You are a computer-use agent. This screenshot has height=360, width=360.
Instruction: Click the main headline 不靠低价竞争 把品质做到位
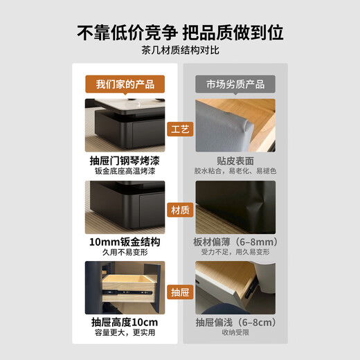(180, 33)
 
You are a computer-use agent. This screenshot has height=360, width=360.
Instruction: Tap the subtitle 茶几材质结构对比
(180, 50)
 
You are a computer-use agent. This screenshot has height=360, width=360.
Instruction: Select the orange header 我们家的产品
(125, 84)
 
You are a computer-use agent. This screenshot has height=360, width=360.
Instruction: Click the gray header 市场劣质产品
(235, 84)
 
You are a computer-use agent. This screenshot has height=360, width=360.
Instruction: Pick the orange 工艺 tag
(180, 129)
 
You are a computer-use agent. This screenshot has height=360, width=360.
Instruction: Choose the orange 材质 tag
(180, 210)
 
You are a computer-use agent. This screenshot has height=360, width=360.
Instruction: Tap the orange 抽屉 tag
(180, 292)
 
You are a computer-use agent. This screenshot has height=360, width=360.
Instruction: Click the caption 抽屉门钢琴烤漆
(125, 159)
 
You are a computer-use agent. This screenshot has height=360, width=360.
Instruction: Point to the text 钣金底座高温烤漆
(125, 170)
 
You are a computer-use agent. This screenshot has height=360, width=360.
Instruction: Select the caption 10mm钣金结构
(125, 242)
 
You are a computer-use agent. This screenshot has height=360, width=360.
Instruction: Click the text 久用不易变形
(125, 253)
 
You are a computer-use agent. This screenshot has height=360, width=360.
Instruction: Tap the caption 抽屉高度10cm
(125, 323)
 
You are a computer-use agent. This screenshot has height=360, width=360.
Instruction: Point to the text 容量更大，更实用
(125, 334)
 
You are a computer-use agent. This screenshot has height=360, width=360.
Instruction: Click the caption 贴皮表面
(235, 159)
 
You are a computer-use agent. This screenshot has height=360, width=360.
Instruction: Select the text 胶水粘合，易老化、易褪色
(235, 170)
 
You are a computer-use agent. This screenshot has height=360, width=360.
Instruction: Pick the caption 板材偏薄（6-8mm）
(235, 242)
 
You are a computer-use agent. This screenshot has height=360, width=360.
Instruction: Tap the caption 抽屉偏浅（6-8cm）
(235, 323)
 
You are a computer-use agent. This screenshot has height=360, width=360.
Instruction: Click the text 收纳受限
(235, 334)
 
